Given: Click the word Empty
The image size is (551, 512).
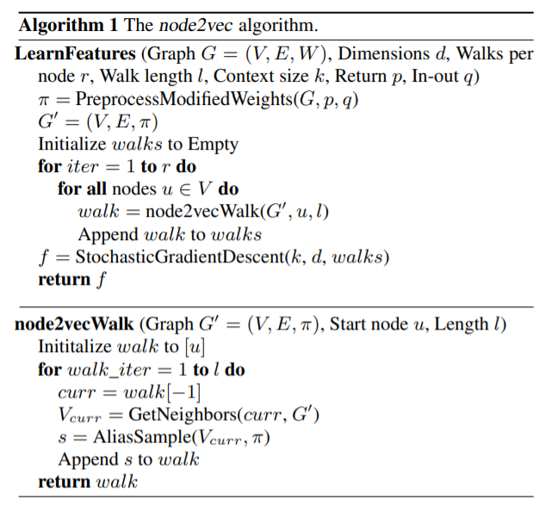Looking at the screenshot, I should point(213,144).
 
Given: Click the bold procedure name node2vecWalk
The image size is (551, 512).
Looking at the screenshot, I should point(73,324).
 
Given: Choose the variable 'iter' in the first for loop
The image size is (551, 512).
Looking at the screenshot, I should point(83,166).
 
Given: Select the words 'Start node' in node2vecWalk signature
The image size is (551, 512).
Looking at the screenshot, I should point(368,324).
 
